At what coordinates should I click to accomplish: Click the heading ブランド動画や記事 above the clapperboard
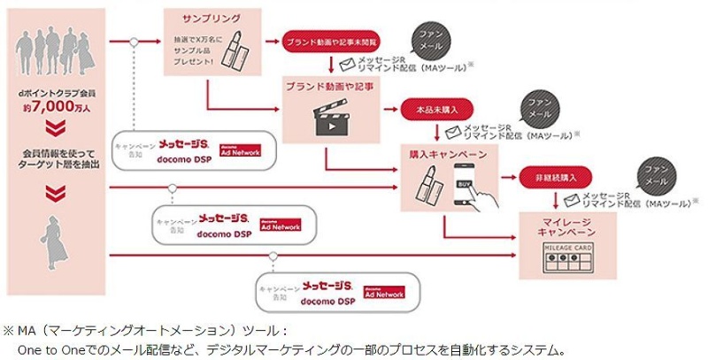[327, 86]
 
